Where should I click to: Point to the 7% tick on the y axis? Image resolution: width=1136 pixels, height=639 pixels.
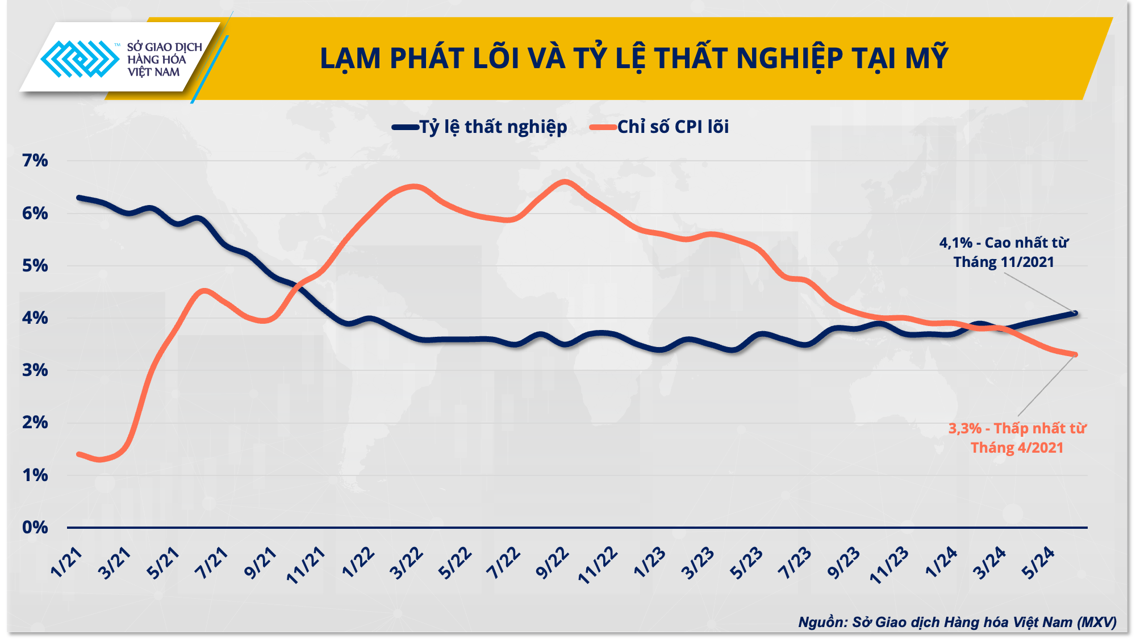pyautogui.click(x=35, y=161)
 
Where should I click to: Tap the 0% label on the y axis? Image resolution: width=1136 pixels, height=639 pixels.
pyautogui.click(x=35, y=528)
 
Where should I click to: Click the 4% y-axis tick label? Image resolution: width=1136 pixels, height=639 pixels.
pyautogui.click(x=35, y=318)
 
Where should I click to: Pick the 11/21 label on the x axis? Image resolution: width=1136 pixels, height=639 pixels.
pyautogui.click(x=306, y=565)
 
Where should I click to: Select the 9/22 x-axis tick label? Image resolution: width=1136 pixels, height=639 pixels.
pyautogui.click(x=552, y=563)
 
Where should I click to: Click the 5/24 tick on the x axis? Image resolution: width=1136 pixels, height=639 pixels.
pyautogui.click(x=1038, y=563)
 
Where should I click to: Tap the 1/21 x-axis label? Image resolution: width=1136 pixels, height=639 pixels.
pyautogui.click(x=66, y=563)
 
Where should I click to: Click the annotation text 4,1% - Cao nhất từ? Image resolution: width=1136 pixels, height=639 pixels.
pyautogui.click(x=1004, y=243)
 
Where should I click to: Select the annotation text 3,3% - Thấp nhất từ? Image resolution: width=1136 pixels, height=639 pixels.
pyautogui.click(x=1017, y=428)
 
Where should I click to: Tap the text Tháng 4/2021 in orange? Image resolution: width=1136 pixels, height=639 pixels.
pyautogui.click(x=1017, y=448)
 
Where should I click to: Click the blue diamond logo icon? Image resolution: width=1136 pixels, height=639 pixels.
pyautogui.click(x=80, y=59)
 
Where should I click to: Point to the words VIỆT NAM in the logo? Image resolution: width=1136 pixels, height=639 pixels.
pyautogui.click(x=153, y=72)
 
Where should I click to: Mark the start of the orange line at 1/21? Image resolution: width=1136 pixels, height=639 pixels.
pyautogui.click(x=79, y=454)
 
